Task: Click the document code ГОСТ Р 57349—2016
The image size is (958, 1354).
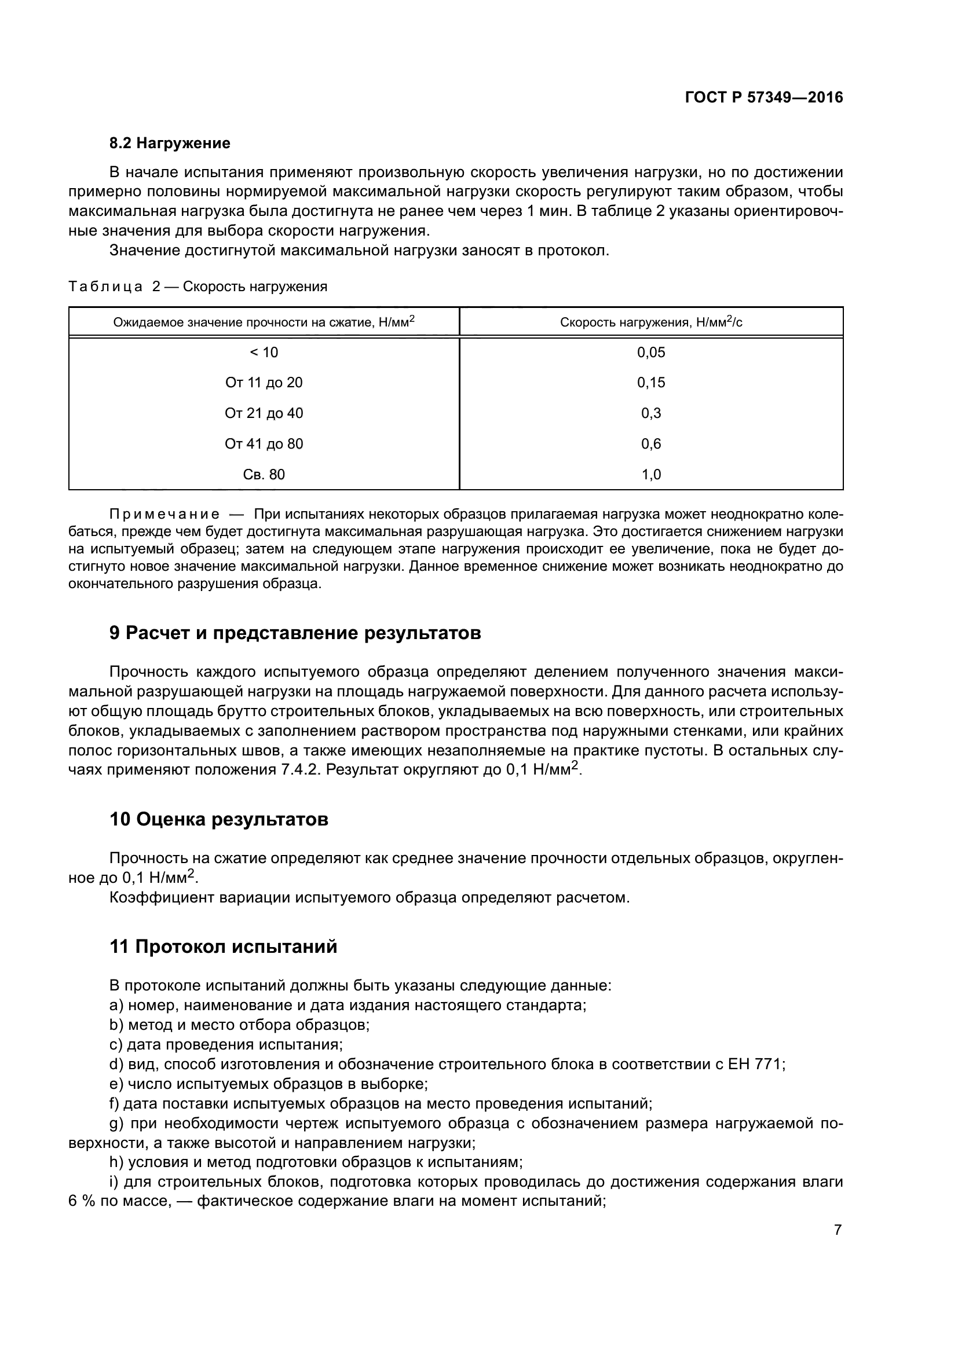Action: coord(763,98)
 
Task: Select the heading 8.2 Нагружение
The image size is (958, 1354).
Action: coord(170,144)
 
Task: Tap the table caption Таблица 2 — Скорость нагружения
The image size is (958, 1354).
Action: coord(198,287)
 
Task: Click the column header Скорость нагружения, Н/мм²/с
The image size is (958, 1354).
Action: coord(650,322)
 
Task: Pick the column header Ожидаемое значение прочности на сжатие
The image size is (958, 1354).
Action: coord(264,322)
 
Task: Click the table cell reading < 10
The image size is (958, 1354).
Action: coord(264,353)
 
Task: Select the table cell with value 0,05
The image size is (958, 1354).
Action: coord(650,353)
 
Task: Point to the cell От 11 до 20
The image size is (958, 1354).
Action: coord(264,383)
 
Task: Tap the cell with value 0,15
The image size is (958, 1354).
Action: coord(650,383)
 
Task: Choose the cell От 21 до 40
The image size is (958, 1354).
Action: coord(264,413)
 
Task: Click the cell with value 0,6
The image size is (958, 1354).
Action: coord(650,444)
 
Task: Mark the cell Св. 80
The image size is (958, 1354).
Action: coord(264,475)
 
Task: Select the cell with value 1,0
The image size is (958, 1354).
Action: coord(650,475)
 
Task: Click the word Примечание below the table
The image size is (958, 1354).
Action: coord(164,514)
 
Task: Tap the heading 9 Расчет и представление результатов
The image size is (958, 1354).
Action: coord(295,633)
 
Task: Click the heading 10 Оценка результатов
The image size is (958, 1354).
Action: coord(219,820)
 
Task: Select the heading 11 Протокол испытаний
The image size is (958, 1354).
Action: coord(224,947)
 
